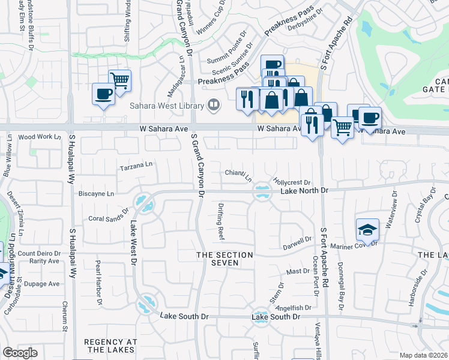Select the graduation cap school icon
tap(367, 230)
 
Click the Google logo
tap(20, 353)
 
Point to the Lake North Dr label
tap(305, 190)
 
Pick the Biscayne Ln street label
tap(96, 194)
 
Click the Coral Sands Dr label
tap(109, 216)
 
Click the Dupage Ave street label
tap(46, 283)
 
